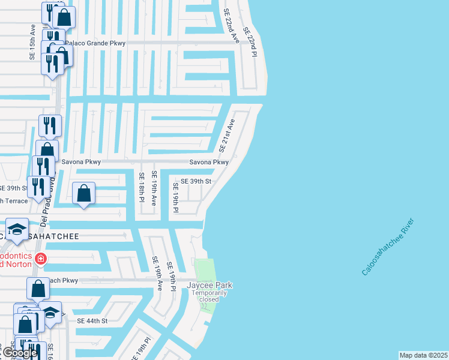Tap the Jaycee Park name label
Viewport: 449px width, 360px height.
tap(209, 285)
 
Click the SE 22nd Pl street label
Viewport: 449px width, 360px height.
tap(250, 42)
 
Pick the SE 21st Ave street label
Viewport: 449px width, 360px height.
tap(227, 134)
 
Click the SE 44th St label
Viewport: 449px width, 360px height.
tap(92, 321)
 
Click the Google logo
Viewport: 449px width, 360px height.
tap(19, 353)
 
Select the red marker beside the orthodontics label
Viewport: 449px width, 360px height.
tap(40, 259)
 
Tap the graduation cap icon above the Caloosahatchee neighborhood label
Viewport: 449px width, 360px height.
tap(16, 229)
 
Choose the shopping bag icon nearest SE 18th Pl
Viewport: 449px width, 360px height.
tap(84, 194)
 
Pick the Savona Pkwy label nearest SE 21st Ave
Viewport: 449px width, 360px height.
tap(209, 162)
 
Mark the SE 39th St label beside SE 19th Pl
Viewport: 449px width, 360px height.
tap(192, 181)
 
